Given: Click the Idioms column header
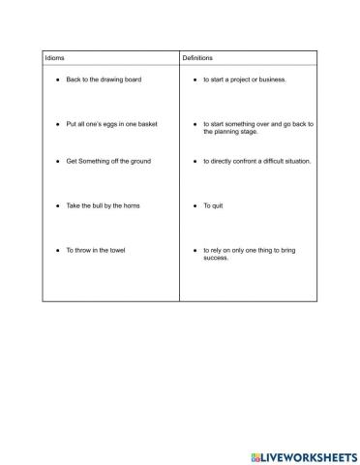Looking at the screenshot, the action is (x=54, y=59).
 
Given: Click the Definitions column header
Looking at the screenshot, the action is (x=197, y=59).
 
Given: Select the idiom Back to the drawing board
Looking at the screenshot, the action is (x=104, y=79).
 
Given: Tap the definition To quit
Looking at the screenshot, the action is (x=213, y=206).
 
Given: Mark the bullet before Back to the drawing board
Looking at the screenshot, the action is (x=57, y=79).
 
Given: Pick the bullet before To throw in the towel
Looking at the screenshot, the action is (x=57, y=251).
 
